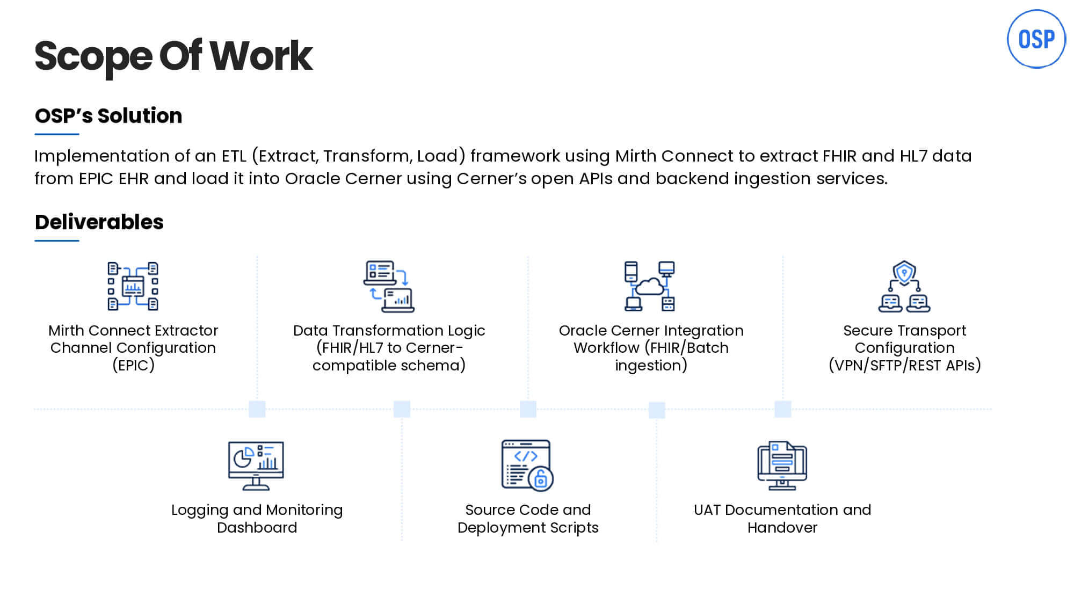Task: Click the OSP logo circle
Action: [1036, 39]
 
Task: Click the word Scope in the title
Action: [93, 56]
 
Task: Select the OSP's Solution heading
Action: [108, 116]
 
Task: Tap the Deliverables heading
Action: [99, 222]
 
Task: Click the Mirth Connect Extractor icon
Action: [133, 286]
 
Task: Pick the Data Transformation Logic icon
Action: [389, 286]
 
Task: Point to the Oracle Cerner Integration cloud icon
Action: [650, 286]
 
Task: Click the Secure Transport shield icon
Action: [904, 273]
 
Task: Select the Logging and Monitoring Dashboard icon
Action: [256, 465]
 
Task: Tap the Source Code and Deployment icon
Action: [527, 465]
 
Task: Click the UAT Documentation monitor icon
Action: [782, 465]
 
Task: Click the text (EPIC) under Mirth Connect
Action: [133, 366]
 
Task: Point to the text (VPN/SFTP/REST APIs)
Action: [904, 366]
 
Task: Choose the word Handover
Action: [782, 528]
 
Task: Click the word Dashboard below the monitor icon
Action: [257, 528]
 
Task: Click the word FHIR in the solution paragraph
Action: [839, 156]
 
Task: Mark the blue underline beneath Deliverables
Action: [57, 241]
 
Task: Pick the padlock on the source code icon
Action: [541, 478]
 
